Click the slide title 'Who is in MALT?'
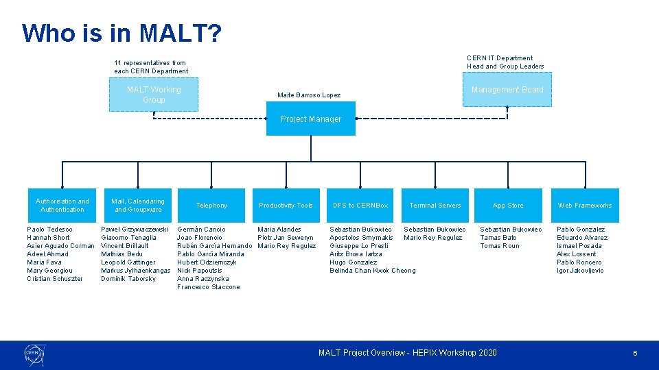coord(122,32)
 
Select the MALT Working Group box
coord(154,95)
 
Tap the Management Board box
coord(507,90)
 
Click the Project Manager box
coord(311,119)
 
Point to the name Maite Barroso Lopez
coord(308,95)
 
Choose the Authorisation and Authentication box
coord(62,206)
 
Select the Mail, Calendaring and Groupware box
coord(138,206)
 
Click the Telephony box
coord(211,206)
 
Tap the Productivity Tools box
coord(286,206)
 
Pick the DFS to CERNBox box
coord(360,206)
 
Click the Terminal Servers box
coord(435,206)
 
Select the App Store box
coord(508,206)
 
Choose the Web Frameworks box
coord(584,206)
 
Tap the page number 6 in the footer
coord(635,353)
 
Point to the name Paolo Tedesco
coord(49,230)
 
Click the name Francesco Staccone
coord(209,287)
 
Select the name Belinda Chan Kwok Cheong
coord(372,271)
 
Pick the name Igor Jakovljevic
coord(580,271)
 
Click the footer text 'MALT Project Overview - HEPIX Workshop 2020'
coord(407,353)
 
